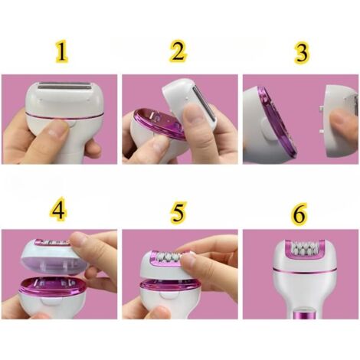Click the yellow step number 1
(62, 52)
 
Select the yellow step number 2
(178, 51)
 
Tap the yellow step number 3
(302, 53)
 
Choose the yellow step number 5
(178, 212)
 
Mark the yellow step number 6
(299, 214)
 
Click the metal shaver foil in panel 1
(64, 86)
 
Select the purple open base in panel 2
(159, 124)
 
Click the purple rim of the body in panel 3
(277, 119)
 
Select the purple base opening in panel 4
(52, 286)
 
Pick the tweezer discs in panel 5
(169, 256)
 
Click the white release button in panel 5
(169, 298)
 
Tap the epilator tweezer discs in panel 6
(303, 247)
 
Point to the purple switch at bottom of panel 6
(304, 314)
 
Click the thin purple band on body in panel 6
(304, 271)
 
